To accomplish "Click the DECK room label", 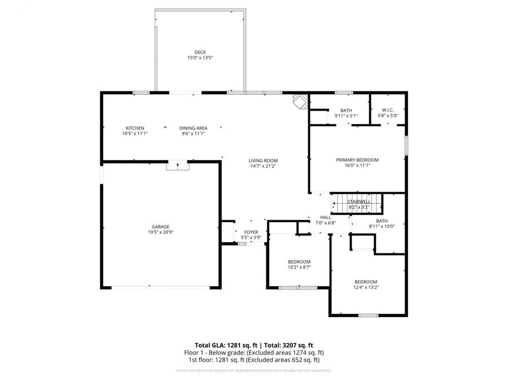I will click(200, 52).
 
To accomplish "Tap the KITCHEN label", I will click(134, 128).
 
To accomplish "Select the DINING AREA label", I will click(194, 128).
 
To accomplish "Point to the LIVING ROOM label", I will click(264, 161).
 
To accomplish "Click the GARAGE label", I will click(160, 226).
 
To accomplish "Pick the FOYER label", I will click(251, 232).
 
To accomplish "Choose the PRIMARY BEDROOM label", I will click(357, 160).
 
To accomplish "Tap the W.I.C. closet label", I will click(388, 110).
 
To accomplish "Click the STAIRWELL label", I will click(358, 202).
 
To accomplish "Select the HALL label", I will click(326, 217).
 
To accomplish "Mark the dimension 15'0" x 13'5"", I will click(200, 58).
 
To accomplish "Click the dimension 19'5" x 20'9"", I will click(160, 232).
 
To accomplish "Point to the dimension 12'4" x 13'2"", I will click(366, 287).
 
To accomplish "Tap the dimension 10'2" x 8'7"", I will click(299, 267).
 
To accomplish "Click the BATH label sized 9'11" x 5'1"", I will click(346, 110).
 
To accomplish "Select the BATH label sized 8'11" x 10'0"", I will click(382, 221).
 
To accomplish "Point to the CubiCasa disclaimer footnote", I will click(253, 371).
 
